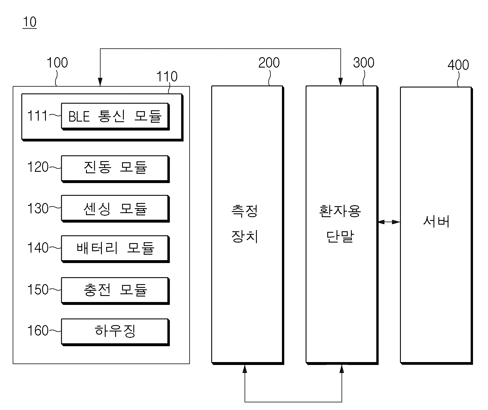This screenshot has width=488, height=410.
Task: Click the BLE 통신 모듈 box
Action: coord(115,116)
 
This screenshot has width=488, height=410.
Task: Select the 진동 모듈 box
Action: coord(115,169)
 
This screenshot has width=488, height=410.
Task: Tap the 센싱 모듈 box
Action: coord(115,209)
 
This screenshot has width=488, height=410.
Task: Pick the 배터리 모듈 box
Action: coord(115,249)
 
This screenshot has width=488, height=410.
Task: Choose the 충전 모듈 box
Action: coord(115,291)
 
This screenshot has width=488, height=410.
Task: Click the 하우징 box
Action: coord(115,332)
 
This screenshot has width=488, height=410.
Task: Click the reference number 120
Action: coord(38,167)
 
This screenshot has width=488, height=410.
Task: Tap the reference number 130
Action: coord(38,208)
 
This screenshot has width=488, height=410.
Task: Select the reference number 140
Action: coord(38,248)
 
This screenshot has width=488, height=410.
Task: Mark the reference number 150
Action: coord(38,290)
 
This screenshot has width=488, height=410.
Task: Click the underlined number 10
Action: coord(29,22)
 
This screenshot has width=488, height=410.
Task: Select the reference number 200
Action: coord(269,63)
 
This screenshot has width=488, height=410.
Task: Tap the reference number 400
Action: coord(458,65)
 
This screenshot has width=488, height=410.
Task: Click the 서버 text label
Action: coord(436,222)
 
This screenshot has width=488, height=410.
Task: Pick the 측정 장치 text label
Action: coord(245,224)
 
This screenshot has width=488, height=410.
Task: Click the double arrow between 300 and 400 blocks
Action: coord(389,222)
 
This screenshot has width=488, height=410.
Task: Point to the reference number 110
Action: coord(167,77)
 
